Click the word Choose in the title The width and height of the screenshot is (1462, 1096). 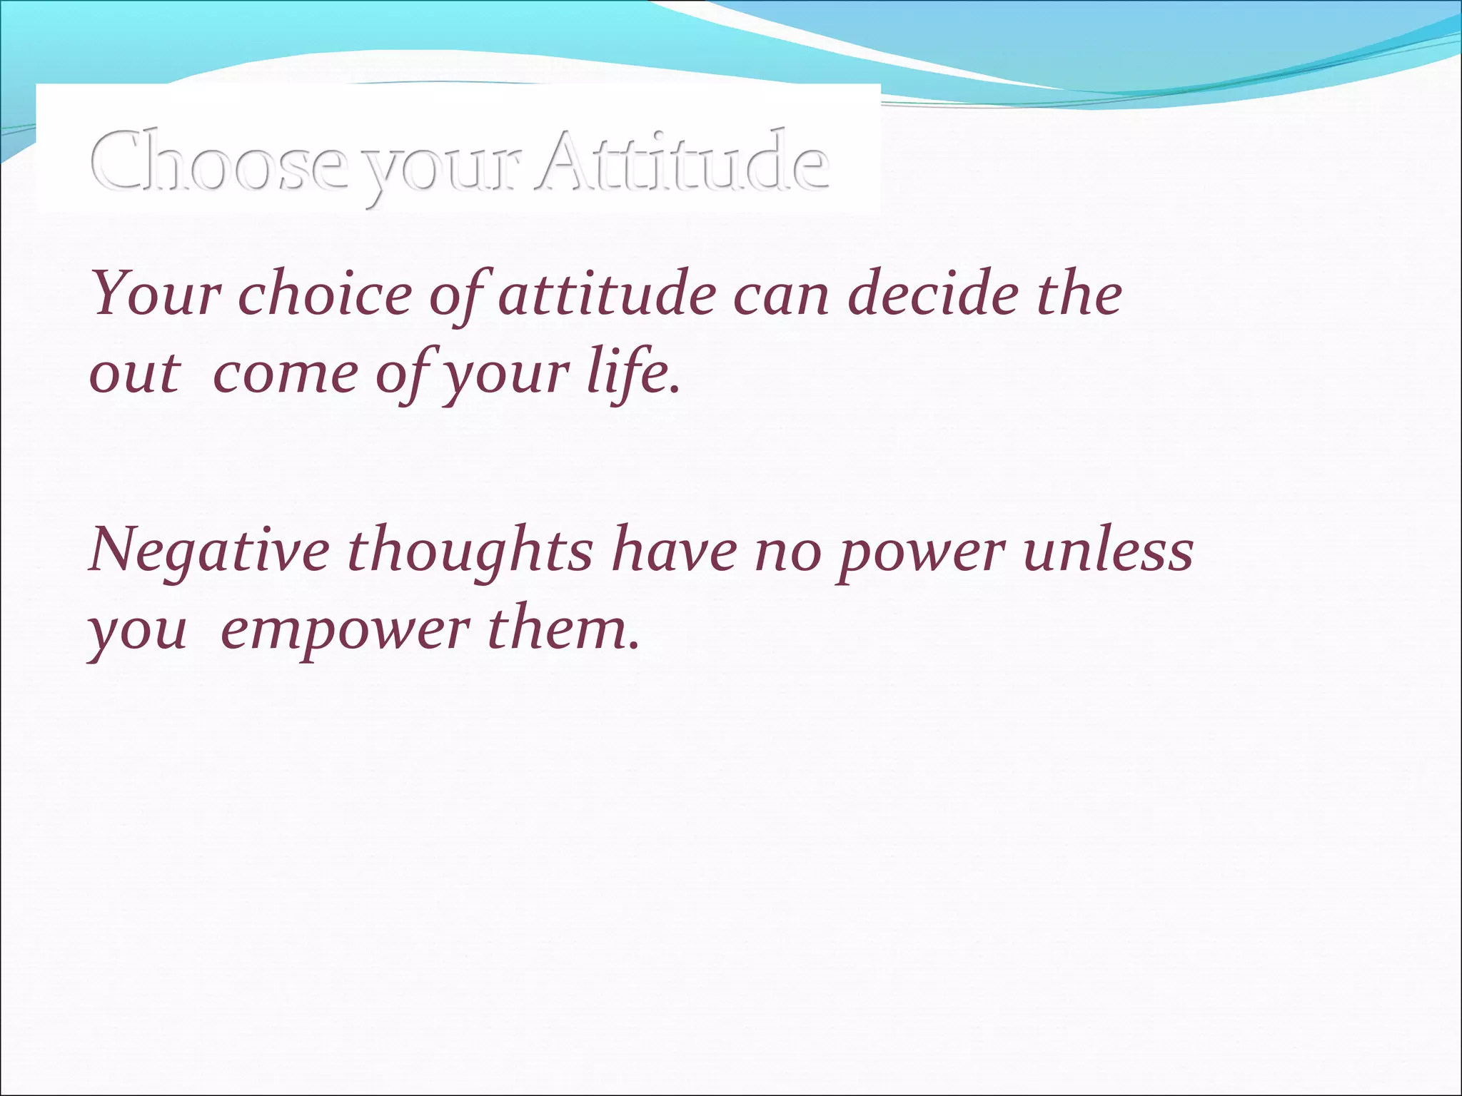point(218,161)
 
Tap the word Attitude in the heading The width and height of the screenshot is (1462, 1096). point(683,161)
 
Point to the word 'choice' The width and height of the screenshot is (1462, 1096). point(325,294)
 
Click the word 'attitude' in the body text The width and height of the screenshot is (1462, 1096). point(607,294)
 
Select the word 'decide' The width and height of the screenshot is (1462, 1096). point(932,294)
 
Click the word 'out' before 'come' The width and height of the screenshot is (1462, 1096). point(133,374)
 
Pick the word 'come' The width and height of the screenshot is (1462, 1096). point(284,375)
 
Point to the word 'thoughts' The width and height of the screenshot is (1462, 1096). point(470,551)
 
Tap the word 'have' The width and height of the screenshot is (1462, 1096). point(675,551)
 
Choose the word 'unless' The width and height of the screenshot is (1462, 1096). point(1108,551)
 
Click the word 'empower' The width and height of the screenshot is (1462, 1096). point(346,632)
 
